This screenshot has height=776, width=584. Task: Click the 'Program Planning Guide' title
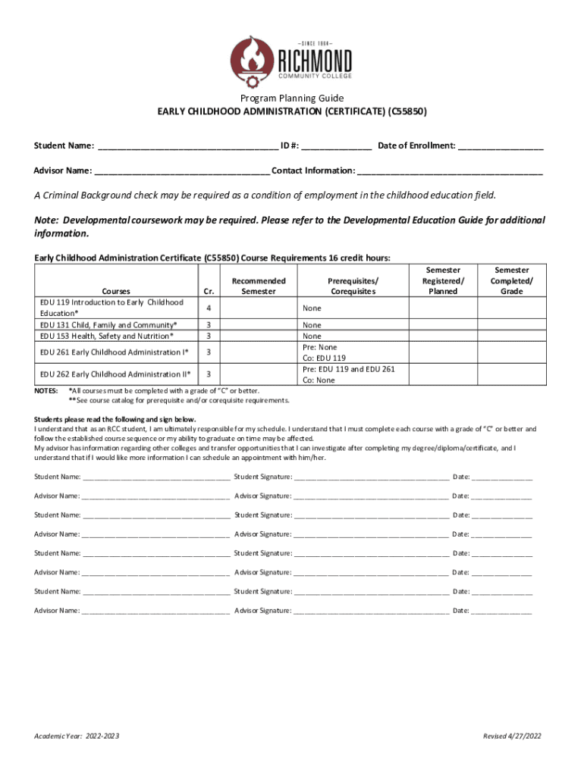click(292, 98)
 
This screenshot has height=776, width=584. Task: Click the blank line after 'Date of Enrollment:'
click(500, 145)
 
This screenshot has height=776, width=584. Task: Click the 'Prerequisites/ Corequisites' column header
click(353, 286)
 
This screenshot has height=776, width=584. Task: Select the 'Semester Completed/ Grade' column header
click(512, 280)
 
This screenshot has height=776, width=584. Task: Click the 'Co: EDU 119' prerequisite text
click(324, 358)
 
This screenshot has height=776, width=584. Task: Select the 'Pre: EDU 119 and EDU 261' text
click(348, 369)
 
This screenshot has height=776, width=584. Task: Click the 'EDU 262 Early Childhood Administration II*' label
click(115, 374)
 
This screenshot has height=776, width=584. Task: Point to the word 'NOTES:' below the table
click(47, 390)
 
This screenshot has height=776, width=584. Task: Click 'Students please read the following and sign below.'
click(115, 419)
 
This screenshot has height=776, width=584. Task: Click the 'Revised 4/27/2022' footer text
click(513, 737)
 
